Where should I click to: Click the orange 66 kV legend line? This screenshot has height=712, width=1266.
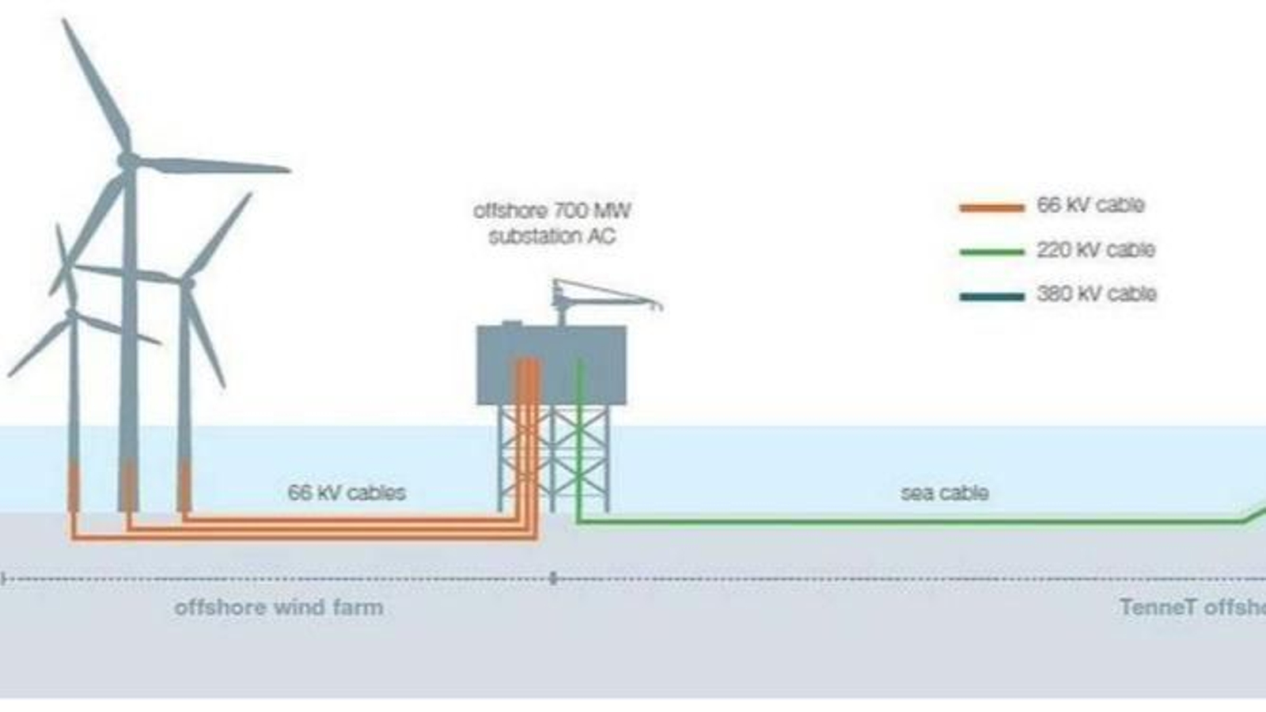[991, 208]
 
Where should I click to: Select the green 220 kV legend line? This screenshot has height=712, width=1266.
[991, 252]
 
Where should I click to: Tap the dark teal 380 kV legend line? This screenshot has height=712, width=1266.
[991, 297]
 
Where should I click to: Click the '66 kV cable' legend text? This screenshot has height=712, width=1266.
[1090, 206]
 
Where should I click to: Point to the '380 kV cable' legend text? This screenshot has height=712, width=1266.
[1096, 294]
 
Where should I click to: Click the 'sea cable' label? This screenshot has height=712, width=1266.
[944, 493]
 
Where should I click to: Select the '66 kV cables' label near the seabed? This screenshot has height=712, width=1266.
[347, 493]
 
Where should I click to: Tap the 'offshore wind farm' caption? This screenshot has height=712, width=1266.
[279, 608]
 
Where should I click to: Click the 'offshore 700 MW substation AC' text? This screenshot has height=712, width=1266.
[552, 223]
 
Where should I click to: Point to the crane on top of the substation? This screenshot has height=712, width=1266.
[601, 297]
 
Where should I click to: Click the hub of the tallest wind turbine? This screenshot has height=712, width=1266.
[127, 161]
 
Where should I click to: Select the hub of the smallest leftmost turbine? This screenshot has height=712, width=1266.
[72, 315]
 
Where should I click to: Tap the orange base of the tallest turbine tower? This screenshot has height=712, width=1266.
[128, 487]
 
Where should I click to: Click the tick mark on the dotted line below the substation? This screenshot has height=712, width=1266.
[553, 579]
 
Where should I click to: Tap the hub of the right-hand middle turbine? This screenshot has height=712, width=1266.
[188, 283]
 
